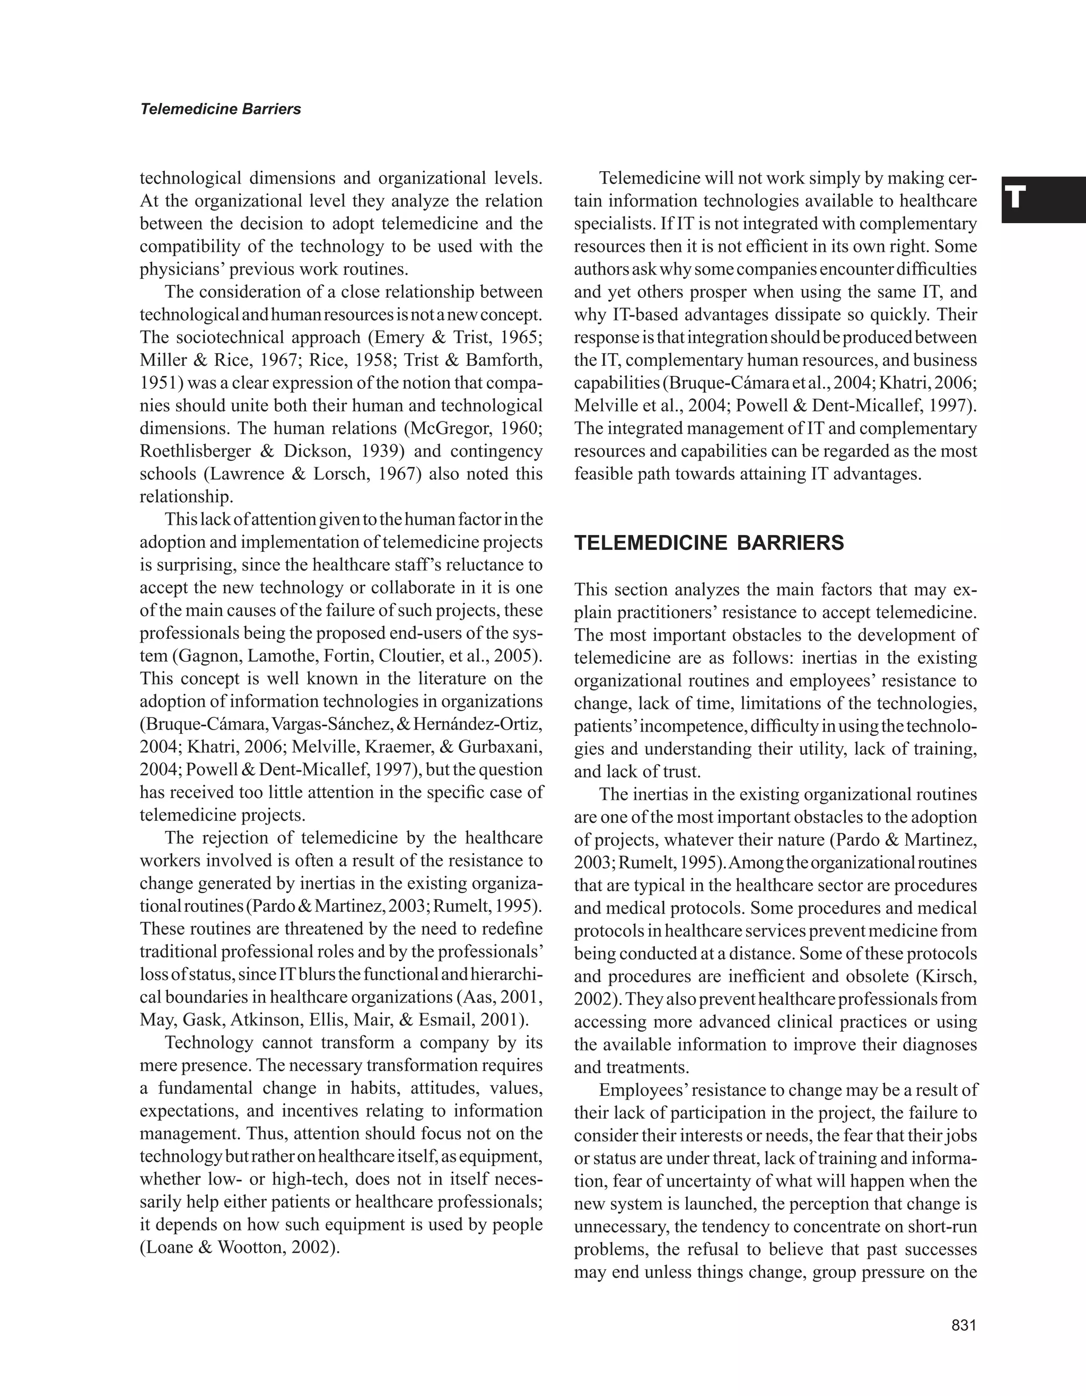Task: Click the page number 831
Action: pyautogui.click(x=964, y=1325)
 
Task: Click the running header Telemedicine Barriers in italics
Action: pyautogui.click(x=221, y=109)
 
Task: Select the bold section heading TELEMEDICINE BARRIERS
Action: pyautogui.click(x=709, y=543)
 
